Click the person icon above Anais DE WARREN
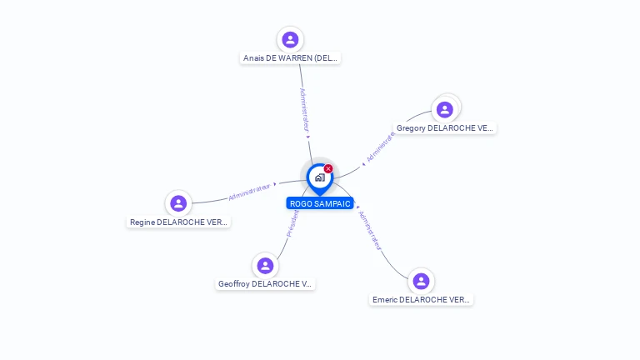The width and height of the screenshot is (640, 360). (x=290, y=39)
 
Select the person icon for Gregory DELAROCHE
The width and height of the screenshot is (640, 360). (x=445, y=109)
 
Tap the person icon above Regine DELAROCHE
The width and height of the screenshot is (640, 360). (x=178, y=203)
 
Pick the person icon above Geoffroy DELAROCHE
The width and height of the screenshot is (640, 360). (x=266, y=265)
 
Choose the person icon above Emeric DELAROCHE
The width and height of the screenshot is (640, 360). (x=421, y=281)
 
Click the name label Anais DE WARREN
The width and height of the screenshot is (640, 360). (x=291, y=58)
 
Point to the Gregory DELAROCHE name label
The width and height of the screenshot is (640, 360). (x=445, y=128)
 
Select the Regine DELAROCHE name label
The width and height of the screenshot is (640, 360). (x=178, y=222)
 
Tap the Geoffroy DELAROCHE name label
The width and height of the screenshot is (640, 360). (x=266, y=284)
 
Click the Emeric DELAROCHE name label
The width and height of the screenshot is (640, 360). (x=421, y=300)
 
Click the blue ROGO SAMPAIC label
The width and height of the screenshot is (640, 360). (x=320, y=203)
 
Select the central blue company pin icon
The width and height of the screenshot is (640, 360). (x=319, y=178)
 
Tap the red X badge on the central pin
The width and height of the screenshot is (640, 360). (x=328, y=169)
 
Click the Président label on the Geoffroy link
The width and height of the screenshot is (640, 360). (x=292, y=222)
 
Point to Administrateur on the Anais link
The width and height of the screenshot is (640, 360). (x=305, y=110)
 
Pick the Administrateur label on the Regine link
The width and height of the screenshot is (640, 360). (x=249, y=192)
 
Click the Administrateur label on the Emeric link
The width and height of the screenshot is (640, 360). (x=369, y=231)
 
